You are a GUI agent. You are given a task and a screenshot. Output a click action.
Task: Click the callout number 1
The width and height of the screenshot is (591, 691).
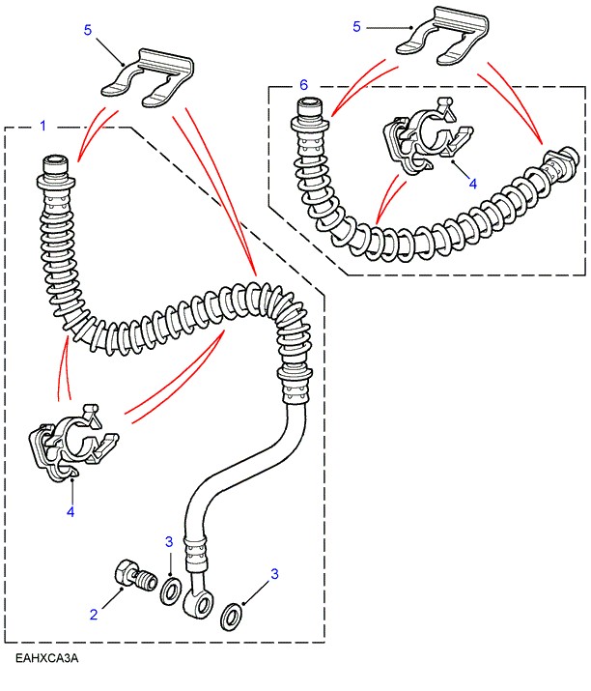point(42,127)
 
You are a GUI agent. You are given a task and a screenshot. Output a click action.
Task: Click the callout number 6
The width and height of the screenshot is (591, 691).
point(303,86)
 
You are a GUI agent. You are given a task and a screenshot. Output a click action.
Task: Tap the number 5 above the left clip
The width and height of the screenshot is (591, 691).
point(88,31)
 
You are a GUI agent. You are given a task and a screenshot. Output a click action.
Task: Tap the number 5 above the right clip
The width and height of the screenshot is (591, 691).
point(357,27)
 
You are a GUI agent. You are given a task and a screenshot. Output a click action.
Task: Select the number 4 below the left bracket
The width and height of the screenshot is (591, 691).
point(70,512)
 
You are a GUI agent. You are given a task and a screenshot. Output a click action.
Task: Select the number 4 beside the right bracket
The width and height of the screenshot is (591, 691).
point(473,184)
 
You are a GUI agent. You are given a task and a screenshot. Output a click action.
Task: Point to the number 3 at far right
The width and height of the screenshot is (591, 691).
point(274,574)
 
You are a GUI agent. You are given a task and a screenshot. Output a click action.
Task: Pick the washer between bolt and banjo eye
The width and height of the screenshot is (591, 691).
point(170,590)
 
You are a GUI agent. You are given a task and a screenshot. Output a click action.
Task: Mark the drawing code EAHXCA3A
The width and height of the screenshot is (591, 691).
point(45,659)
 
